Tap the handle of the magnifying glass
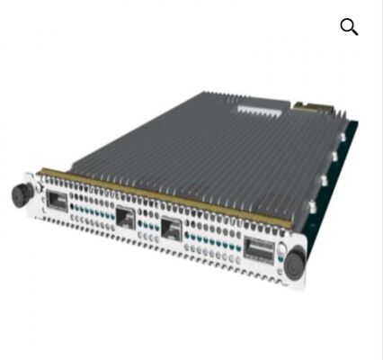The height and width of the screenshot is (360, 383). click(x=354, y=32)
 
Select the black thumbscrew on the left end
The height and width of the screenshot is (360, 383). click(x=18, y=193)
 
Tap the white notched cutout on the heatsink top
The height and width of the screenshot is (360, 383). click(x=262, y=109)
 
